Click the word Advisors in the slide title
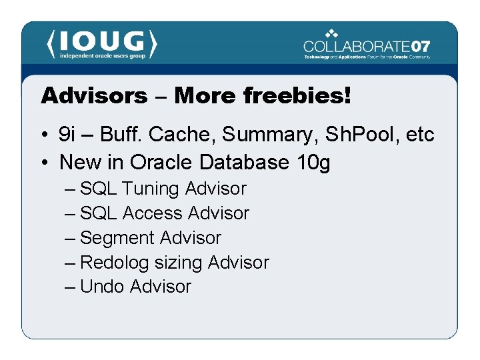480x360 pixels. (94, 95)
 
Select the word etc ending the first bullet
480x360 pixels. (420, 135)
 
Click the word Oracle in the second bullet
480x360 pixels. (159, 162)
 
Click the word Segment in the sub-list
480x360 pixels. (113, 238)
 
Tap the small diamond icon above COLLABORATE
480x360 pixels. (332, 33)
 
